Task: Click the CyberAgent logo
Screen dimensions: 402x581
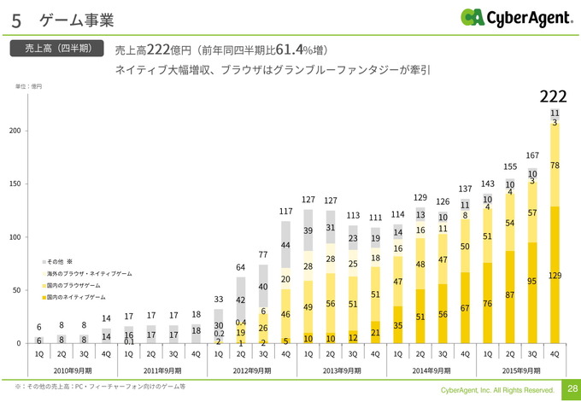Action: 514,17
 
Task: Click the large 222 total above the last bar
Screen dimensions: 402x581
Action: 554,96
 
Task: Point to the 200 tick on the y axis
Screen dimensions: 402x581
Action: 15,130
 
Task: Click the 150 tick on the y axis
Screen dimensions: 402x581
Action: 15,184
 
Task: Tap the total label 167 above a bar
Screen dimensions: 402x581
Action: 531,155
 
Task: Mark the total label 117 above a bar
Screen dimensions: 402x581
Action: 286,211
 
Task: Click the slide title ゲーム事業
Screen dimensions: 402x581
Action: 77,19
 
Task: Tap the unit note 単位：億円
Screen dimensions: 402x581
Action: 28,87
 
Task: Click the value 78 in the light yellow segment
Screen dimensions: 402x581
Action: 555,165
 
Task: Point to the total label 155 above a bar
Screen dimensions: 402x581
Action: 510,167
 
